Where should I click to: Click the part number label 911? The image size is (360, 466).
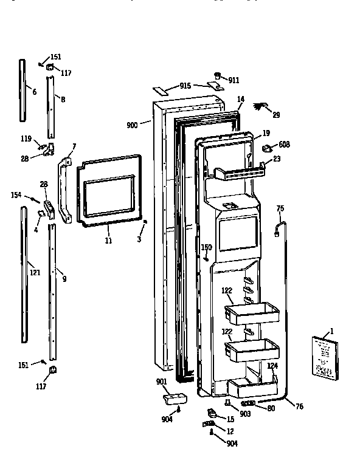point(233,80)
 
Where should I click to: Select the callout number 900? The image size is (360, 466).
point(132,125)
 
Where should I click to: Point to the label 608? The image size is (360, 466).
point(284,145)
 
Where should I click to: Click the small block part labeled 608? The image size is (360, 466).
point(268,147)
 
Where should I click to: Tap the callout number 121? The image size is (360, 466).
point(35,272)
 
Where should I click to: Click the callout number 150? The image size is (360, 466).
point(207,247)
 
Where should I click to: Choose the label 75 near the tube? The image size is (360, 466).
point(280,208)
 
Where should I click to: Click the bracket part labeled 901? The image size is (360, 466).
point(172,398)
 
